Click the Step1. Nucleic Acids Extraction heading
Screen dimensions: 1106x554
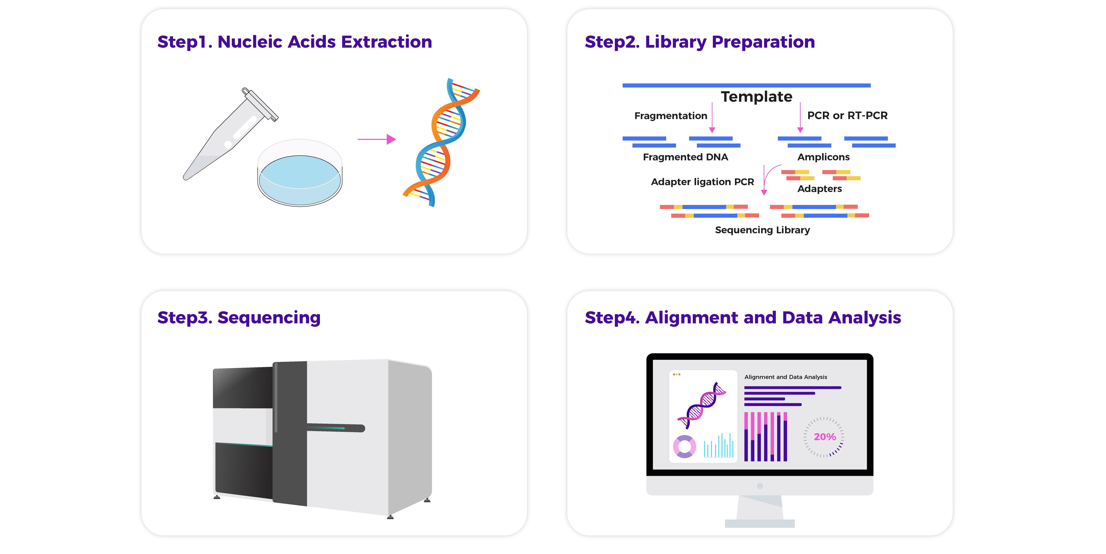click(295, 42)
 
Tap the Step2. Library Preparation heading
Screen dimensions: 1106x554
click(700, 42)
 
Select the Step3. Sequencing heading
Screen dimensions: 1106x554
click(239, 318)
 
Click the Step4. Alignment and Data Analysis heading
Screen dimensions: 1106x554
click(743, 318)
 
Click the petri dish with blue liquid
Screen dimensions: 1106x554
click(300, 173)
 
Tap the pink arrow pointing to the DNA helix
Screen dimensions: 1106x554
click(376, 139)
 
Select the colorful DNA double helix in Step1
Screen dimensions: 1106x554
click(441, 142)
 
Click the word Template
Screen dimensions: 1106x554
click(756, 97)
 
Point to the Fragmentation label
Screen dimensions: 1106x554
click(671, 116)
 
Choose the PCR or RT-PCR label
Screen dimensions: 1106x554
click(847, 116)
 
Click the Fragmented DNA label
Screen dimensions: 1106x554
click(685, 157)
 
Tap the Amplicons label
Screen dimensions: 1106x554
click(823, 157)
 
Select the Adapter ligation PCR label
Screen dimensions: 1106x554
click(702, 182)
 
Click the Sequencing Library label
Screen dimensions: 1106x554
click(763, 230)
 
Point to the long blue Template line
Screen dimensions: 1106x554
click(747, 85)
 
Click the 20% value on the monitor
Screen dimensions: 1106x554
click(825, 437)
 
